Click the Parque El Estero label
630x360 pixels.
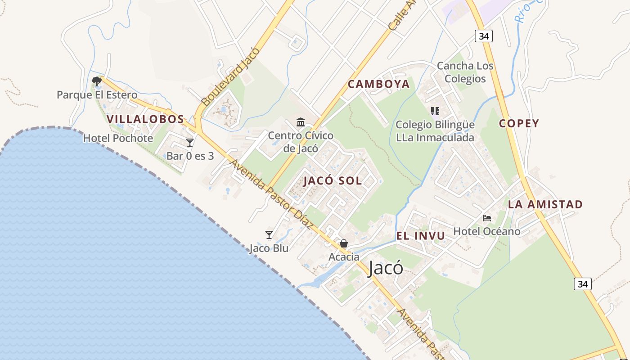pos(97,95)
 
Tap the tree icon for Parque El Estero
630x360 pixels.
pos(96,81)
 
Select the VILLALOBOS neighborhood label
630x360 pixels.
pos(145,119)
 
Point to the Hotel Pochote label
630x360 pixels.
pos(118,138)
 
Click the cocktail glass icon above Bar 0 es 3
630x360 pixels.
pos(190,143)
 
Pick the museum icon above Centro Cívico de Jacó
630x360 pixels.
pos(301,122)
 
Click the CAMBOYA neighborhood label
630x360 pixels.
pos(379,84)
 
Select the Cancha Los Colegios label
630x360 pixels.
pos(465,72)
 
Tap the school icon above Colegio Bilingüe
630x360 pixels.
pos(435,111)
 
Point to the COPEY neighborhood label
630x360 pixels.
pos(519,124)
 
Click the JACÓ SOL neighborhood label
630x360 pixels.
pos(333,181)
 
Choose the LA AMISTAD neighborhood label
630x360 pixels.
pos(545,204)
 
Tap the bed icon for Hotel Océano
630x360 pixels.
pos(487,218)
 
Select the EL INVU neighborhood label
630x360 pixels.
pos(420,236)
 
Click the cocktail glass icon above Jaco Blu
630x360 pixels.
pos(269,234)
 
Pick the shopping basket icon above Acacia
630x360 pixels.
pos(344,243)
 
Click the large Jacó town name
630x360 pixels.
pos(385,269)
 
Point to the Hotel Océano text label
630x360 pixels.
pos(487,231)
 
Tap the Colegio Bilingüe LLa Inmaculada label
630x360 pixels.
pos(435,131)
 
